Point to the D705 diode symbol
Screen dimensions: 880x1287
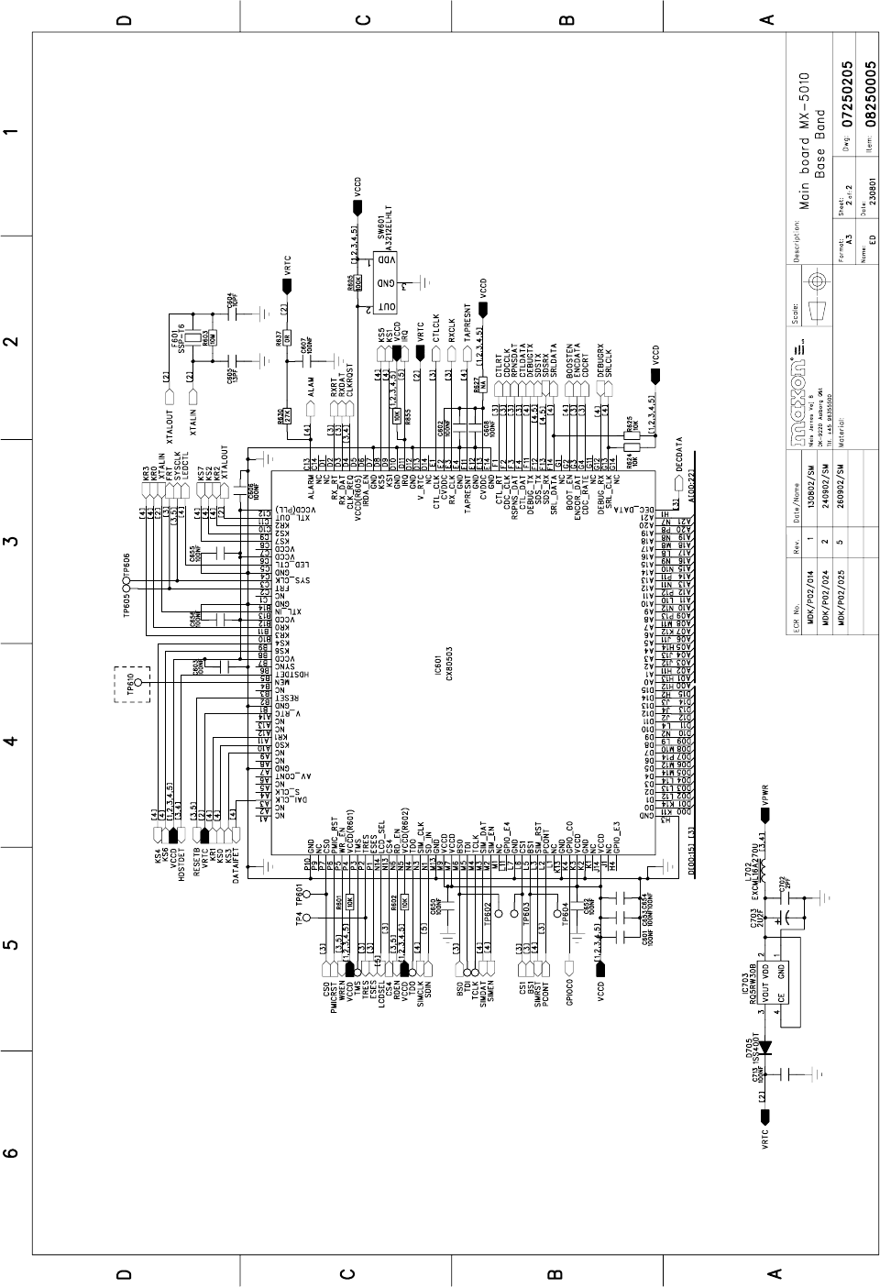[x=764, y=1046]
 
